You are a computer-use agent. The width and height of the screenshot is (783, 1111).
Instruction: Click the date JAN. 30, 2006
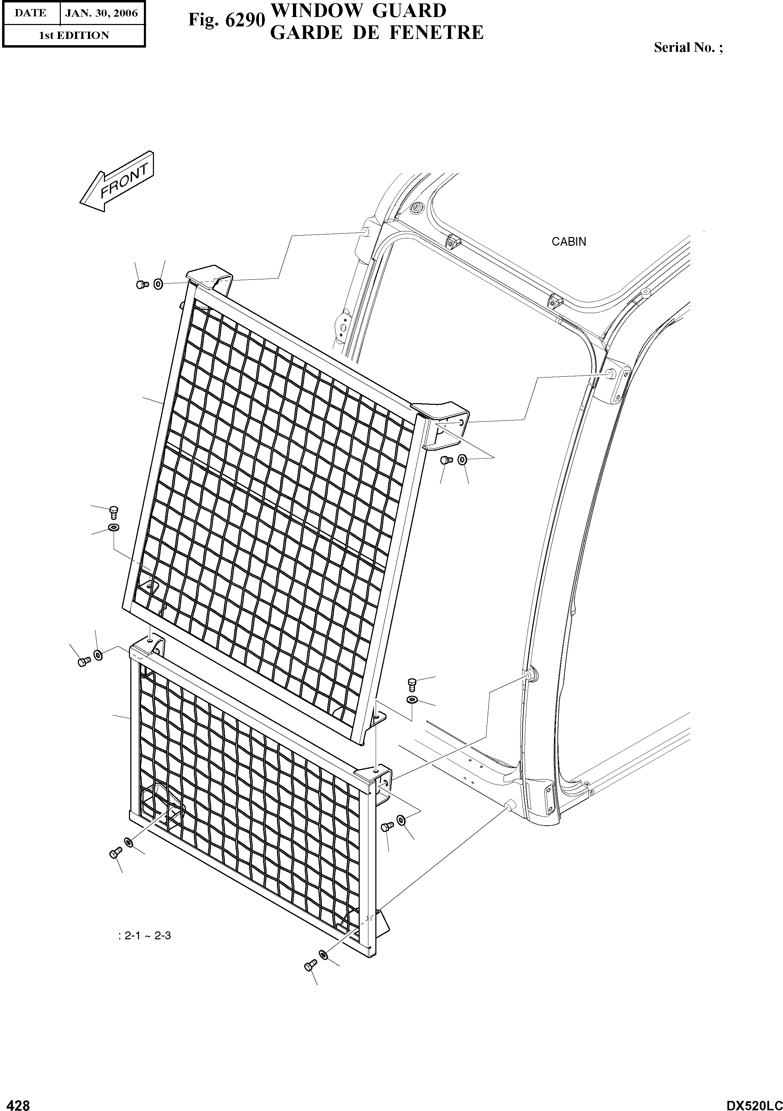pos(101,13)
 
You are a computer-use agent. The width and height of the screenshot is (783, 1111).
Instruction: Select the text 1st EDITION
pos(74,35)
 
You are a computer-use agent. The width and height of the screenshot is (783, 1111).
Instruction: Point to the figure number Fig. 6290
pos(227,20)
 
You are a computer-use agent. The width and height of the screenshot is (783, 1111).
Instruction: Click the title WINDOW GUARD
pos(358,10)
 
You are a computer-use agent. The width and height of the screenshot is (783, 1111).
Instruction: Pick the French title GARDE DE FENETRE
pos(376,32)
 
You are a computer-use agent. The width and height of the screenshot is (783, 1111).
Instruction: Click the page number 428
pos(16,1102)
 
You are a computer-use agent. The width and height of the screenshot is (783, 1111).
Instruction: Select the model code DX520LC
pos(753,1103)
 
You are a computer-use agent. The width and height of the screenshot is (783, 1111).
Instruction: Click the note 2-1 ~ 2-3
pos(144,936)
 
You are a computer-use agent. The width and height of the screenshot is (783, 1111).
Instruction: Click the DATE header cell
pos(31,13)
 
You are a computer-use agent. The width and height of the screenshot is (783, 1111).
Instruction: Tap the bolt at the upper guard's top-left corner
pos(141,285)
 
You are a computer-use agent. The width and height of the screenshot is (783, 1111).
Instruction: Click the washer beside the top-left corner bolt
pos(158,284)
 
